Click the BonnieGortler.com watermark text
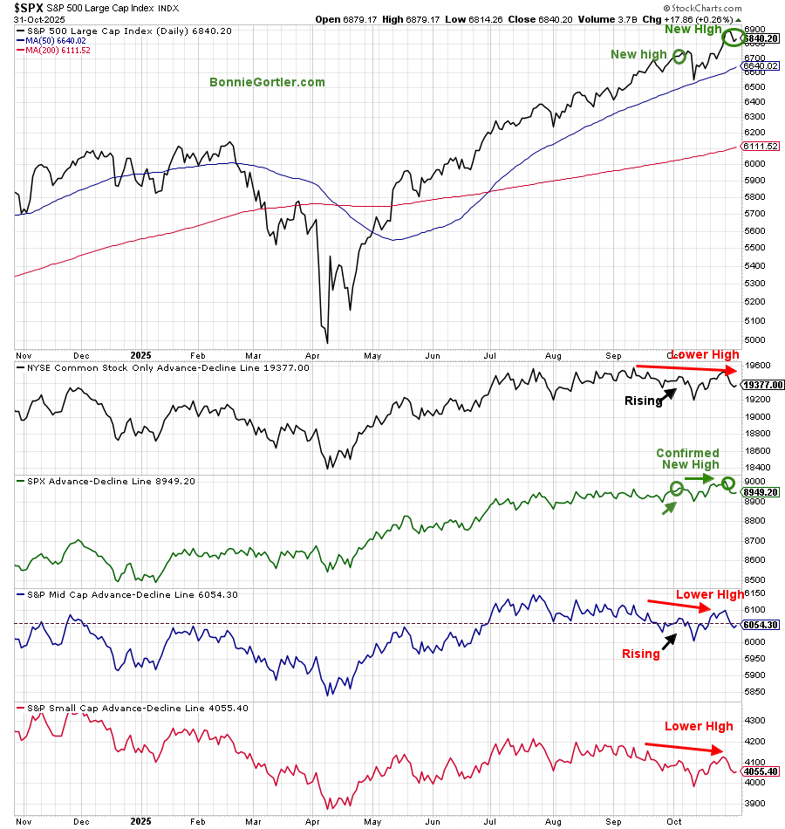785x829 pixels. pyautogui.click(x=267, y=82)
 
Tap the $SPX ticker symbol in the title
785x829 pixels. pyautogui.click(x=27, y=7)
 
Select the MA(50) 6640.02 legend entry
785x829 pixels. pyautogui.click(x=55, y=39)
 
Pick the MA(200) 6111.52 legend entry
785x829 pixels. pyautogui.click(x=57, y=51)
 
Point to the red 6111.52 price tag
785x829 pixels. pyautogui.click(x=760, y=146)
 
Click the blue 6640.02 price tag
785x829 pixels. pyautogui.click(x=760, y=65)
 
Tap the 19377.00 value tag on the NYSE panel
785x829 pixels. pyautogui.click(x=762, y=384)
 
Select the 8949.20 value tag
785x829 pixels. pyautogui.click(x=760, y=492)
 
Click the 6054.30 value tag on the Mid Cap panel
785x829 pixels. pyautogui.click(x=760, y=625)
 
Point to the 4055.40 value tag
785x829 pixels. pyautogui.click(x=760, y=771)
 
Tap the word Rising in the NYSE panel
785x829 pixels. pyautogui.click(x=643, y=401)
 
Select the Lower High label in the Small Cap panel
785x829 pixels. pyautogui.click(x=699, y=726)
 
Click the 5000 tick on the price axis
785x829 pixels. pyautogui.click(x=754, y=340)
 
